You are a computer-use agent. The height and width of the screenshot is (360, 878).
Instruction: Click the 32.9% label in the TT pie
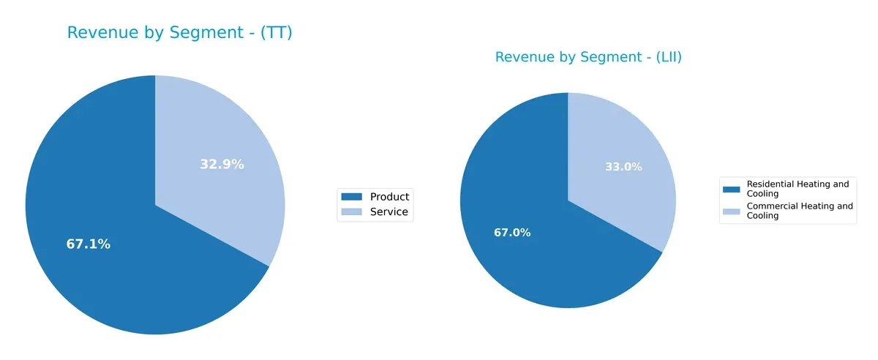(222, 165)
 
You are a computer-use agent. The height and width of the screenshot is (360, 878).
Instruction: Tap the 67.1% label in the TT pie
(89, 244)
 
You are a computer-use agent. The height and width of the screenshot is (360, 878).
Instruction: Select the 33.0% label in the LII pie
(623, 167)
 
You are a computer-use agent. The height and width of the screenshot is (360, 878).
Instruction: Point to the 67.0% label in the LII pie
(512, 233)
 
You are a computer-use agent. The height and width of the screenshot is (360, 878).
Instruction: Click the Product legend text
(389, 196)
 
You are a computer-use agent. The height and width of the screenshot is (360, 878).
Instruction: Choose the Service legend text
(389, 212)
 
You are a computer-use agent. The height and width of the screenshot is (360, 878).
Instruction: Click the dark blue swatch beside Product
(352, 196)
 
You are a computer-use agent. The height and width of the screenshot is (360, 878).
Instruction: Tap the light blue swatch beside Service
(352, 212)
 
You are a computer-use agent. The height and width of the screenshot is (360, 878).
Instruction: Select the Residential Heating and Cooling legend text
(798, 189)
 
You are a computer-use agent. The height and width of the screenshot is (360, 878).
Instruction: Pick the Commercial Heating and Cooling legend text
(799, 211)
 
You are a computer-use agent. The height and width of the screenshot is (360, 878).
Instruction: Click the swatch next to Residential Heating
(731, 189)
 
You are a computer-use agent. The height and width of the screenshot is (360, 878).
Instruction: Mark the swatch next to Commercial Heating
(731, 211)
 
